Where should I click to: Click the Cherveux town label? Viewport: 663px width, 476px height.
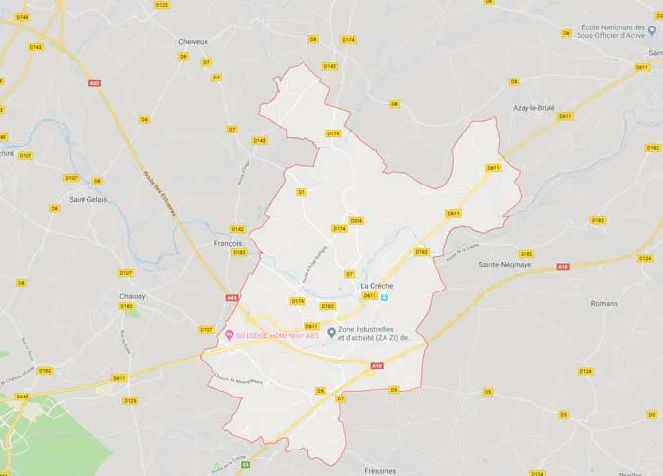pyautogui.click(x=193, y=41)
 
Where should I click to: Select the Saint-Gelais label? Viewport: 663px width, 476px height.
pyautogui.click(x=87, y=199)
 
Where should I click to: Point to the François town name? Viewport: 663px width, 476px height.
pyautogui.click(x=227, y=242)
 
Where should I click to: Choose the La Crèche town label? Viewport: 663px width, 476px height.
pyautogui.click(x=376, y=286)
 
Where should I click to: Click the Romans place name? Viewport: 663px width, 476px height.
pyautogui.click(x=605, y=303)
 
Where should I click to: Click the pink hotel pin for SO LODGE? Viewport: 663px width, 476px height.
pyautogui.click(x=230, y=335)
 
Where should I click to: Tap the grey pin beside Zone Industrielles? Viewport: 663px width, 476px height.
pyautogui.click(x=332, y=332)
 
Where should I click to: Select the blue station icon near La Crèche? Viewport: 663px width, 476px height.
pyautogui.click(x=385, y=297)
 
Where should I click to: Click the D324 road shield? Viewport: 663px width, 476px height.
pyautogui.click(x=356, y=220)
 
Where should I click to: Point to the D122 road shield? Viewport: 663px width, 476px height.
pyautogui.click(x=162, y=5)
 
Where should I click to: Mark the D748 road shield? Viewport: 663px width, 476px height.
pyautogui.click(x=22, y=17)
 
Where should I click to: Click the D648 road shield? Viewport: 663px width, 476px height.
pyautogui.click(x=22, y=397)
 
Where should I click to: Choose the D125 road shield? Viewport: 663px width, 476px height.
pyautogui.click(x=130, y=400)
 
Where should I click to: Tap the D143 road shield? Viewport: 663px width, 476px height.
pyautogui.click(x=259, y=140)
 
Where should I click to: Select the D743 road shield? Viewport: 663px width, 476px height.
pyautogui.click(x=35, y=46)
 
